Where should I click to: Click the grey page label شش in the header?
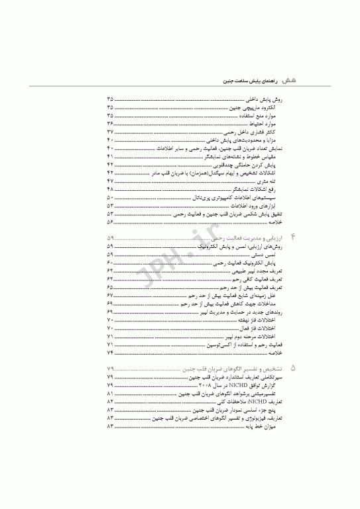pyautogui.click(x=288, y=78)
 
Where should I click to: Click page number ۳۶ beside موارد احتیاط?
pyautogui.click(x=110, y=124)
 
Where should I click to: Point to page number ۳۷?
pyautogui.click(x=110, y=133)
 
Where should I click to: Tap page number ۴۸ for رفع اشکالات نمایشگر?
pyautogui.click(x=110, y=190)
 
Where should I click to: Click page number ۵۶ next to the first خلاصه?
pyautogui.click(x=110, y=223)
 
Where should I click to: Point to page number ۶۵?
pyautogui.click(x=110, y=288)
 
